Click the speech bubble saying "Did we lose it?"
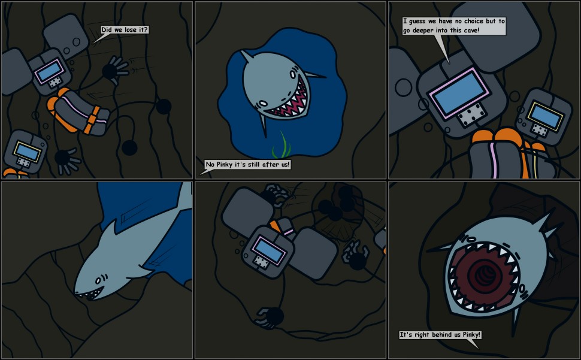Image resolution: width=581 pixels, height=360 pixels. [125, 30]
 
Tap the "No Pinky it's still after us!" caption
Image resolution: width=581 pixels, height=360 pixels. [247, 164]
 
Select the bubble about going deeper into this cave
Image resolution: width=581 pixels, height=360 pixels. [454, 25]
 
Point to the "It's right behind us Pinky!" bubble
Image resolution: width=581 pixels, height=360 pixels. [440, 334]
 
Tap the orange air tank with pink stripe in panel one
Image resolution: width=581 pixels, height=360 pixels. [78, 111]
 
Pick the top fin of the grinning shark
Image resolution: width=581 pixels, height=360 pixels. [246, 57]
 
